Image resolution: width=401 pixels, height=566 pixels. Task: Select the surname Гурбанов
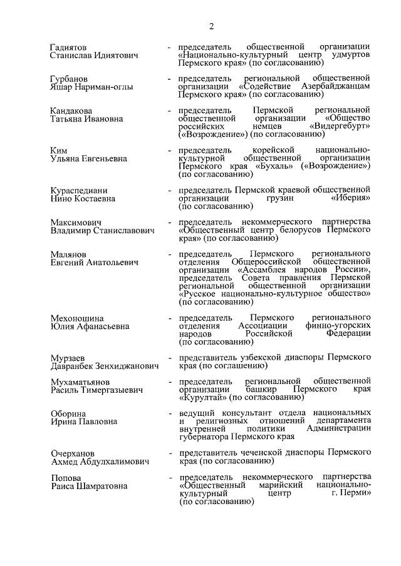coord(68,79)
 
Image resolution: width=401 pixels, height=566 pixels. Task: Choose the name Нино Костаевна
coord(83,198)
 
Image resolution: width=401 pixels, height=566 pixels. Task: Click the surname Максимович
coord(76,223)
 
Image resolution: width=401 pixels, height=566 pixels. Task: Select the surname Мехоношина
coord(77,318)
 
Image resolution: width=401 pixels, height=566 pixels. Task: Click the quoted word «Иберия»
coord(350,198)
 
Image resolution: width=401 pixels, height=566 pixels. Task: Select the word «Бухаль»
coord(276,167)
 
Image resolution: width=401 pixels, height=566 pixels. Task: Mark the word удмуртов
coord(350,55)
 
